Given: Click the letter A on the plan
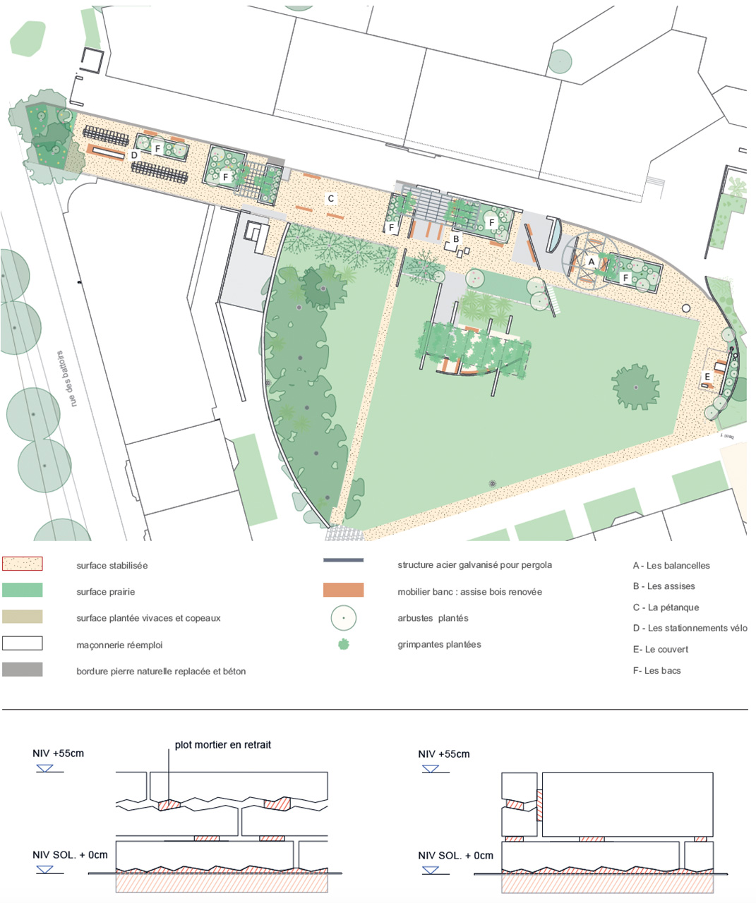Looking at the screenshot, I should (x=592, y=261).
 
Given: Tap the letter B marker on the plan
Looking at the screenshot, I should (x=456, y=239).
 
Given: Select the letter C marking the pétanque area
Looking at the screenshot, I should (x=330, y=199).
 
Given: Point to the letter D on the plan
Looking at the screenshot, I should (x=134, y=155).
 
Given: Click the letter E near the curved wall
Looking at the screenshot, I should (x=707, y=377).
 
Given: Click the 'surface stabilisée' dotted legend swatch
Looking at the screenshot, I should (x=22, y=564).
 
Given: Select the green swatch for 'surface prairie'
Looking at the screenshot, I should (x=22, y=590).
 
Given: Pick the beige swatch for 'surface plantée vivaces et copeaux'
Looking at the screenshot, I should (x=22, y=617).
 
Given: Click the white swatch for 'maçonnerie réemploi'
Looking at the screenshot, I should (x=22, y=643).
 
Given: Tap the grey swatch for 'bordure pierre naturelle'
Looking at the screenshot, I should (x=22, y=670).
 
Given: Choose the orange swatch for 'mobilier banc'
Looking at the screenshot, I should (x=343, y=590).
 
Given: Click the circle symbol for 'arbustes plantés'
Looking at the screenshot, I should (x=343, y=618).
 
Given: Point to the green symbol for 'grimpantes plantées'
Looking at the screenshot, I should (x=343, y=644).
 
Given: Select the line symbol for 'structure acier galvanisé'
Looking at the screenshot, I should (x=343, y=561).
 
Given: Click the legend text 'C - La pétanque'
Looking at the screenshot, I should (x=666, y=607).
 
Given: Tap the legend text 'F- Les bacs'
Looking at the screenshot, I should (x=656, y=670).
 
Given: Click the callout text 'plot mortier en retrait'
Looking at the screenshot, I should (x=223, y=745).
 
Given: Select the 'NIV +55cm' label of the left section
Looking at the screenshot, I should (x=58, y=753).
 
